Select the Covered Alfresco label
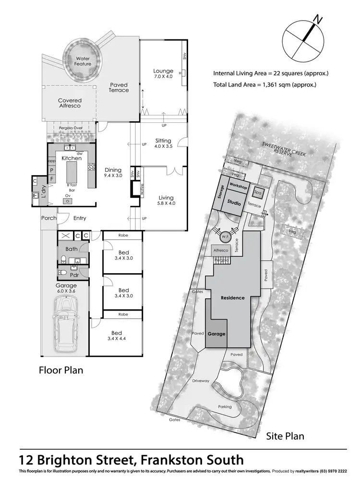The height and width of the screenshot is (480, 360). pyautogui.click(x=70, y=103)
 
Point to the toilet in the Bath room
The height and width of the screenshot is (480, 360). pyautogui.click(x=63, y=259)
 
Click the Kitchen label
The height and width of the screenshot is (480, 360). pyautogui.click(x=71, y=158)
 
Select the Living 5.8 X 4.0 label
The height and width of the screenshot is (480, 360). pyautogui.click(x=166, y=201)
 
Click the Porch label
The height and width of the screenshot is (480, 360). pyautogui.click(x=48, y=218)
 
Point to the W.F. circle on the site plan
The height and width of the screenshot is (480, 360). pyautogui.click(x=226, y=236)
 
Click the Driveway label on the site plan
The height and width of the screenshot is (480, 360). pyautogui.click(x=201, y=381)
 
